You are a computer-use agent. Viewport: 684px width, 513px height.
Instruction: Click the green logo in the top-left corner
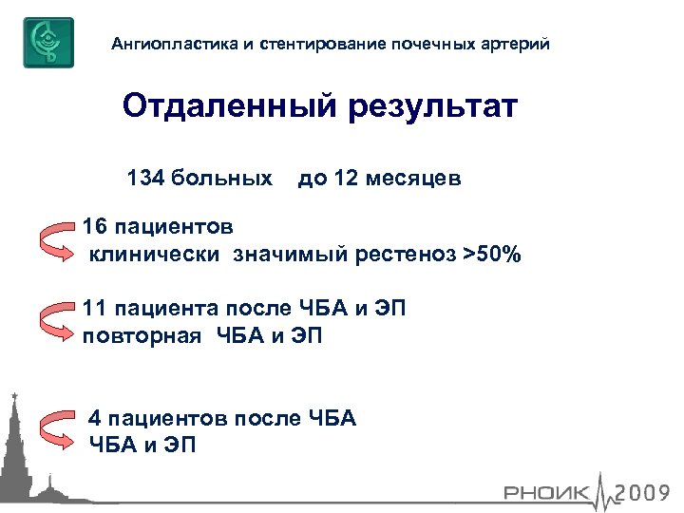pos(48,43)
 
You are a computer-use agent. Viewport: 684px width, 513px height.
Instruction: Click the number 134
pos(144,179)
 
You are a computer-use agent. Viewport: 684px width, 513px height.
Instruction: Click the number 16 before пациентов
pos(95,229)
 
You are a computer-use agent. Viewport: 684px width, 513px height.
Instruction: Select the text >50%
pos(492,256)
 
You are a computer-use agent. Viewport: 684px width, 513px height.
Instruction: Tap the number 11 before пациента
pos(95,309)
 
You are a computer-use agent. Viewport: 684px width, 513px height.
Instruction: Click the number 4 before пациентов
pos(94,417)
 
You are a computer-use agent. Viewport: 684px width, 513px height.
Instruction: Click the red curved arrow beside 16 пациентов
pos(54,241)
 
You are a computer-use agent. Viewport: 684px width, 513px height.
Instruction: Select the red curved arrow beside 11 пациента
pos(54,321)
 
